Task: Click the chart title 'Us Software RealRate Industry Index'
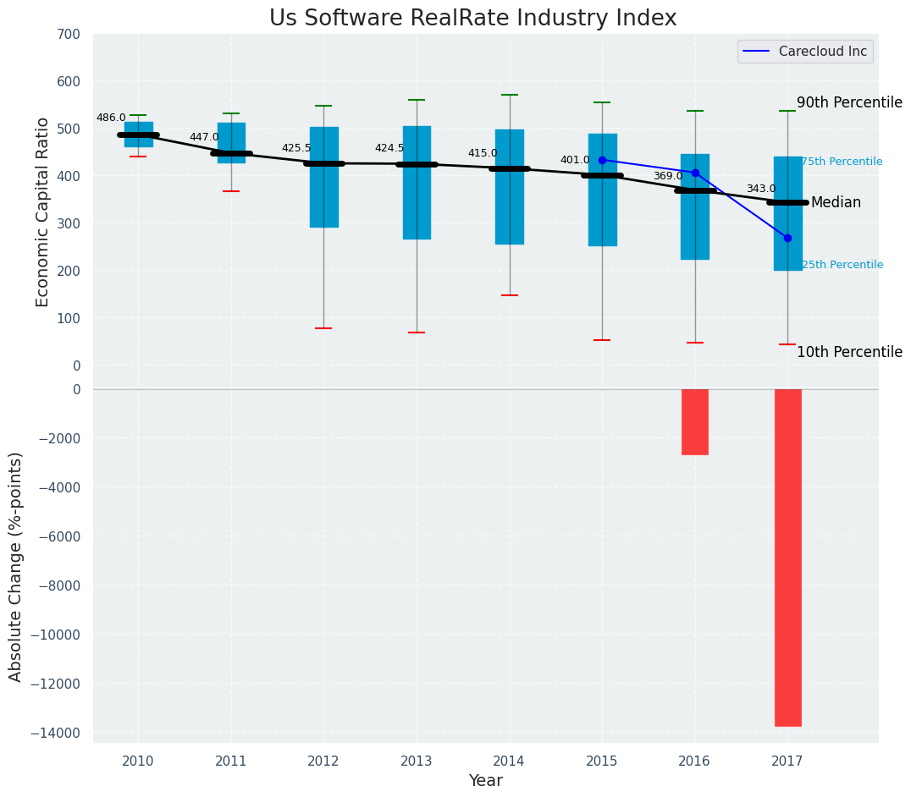[472, 19]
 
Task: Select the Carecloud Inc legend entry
[805, 52]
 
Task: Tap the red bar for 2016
[695, 421]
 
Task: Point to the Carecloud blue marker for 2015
[602, 160]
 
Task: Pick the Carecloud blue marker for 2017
[787, 238]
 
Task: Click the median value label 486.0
[111, 118]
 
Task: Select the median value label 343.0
[760, 190]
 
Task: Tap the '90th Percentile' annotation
[849, 102]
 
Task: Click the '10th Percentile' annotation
[849, 353]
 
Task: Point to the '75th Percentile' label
[842, 162]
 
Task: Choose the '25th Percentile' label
[842, 265]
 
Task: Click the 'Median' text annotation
[836, 203]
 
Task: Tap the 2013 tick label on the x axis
[417, 761]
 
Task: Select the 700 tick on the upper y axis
[69, 35]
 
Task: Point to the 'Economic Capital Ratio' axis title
[43, 200]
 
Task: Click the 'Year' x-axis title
[486, 781]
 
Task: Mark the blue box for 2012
[323, 177]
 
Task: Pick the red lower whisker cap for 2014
[510, 295]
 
